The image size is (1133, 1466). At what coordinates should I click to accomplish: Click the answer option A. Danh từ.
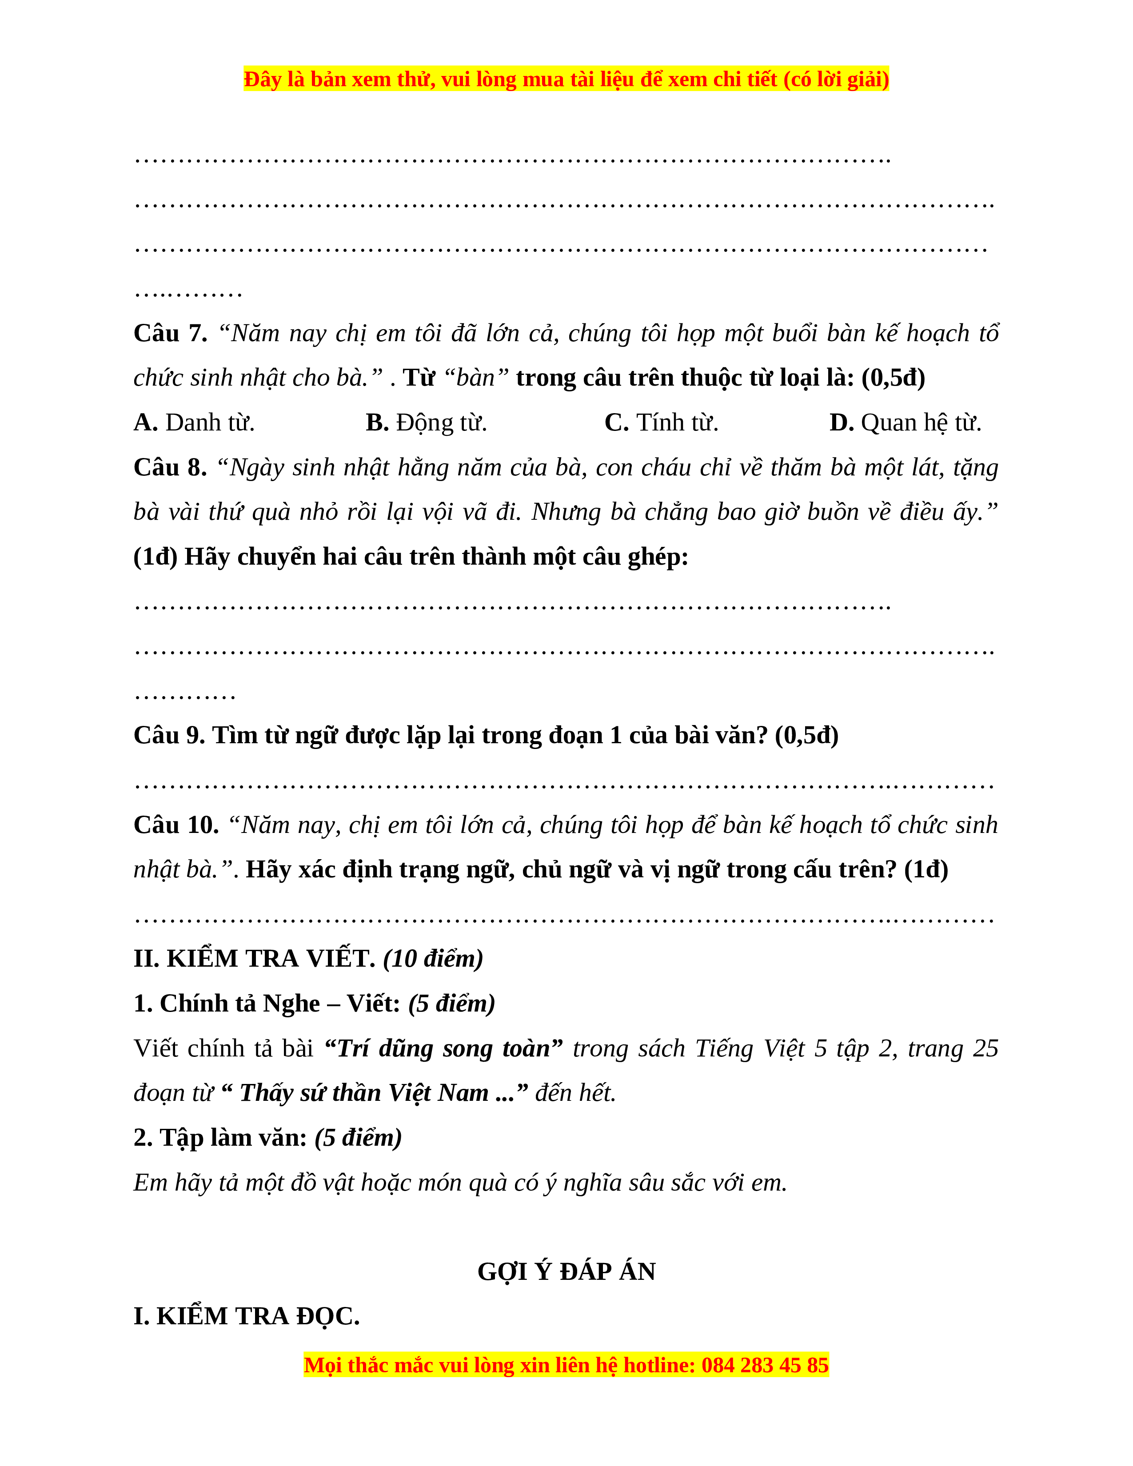(194, 423)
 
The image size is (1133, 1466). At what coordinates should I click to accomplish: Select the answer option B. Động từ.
(426, 423)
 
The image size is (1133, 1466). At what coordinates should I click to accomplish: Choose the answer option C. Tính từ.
(661, 423)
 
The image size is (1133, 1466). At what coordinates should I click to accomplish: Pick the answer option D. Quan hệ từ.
(905, 423)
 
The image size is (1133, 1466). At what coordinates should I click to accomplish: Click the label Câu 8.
(171, 468)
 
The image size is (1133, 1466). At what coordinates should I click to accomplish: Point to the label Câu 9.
(169, 736)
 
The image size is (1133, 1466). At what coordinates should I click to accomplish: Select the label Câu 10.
(176, 825)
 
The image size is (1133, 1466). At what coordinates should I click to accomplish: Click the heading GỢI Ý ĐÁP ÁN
(566, 1272)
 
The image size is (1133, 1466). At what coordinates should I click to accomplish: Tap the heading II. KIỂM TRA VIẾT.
(255, 959)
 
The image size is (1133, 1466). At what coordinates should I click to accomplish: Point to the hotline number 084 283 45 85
(765, 1365)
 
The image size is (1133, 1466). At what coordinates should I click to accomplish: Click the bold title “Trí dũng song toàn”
(443, 1048)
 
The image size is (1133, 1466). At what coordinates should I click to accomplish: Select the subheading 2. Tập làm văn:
(220, 1138)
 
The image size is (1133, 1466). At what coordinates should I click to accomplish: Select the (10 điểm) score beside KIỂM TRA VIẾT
(433, 959)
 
